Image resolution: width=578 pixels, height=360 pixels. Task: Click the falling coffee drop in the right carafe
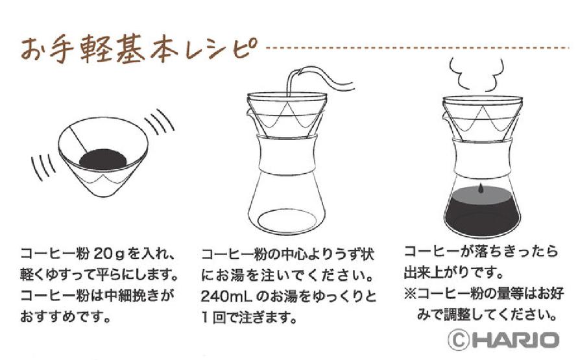pyautogui.click(x=479, y=187)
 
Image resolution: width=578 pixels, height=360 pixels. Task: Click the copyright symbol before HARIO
pyautogui.click(x=459, y=339)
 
